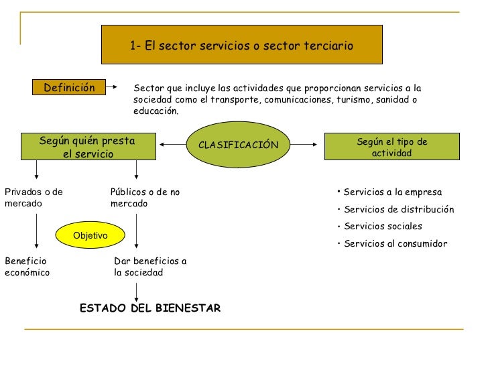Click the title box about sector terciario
(241, 45)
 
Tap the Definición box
(70, 88)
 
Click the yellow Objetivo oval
(90, 235)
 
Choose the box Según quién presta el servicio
(87, 147)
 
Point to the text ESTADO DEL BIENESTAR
(149, 308)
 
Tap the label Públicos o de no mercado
(145, 198)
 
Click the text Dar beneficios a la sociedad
(151, 267)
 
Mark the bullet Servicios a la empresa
(391, 192)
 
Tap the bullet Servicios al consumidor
(394, 244)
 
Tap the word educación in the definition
(156, 111)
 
